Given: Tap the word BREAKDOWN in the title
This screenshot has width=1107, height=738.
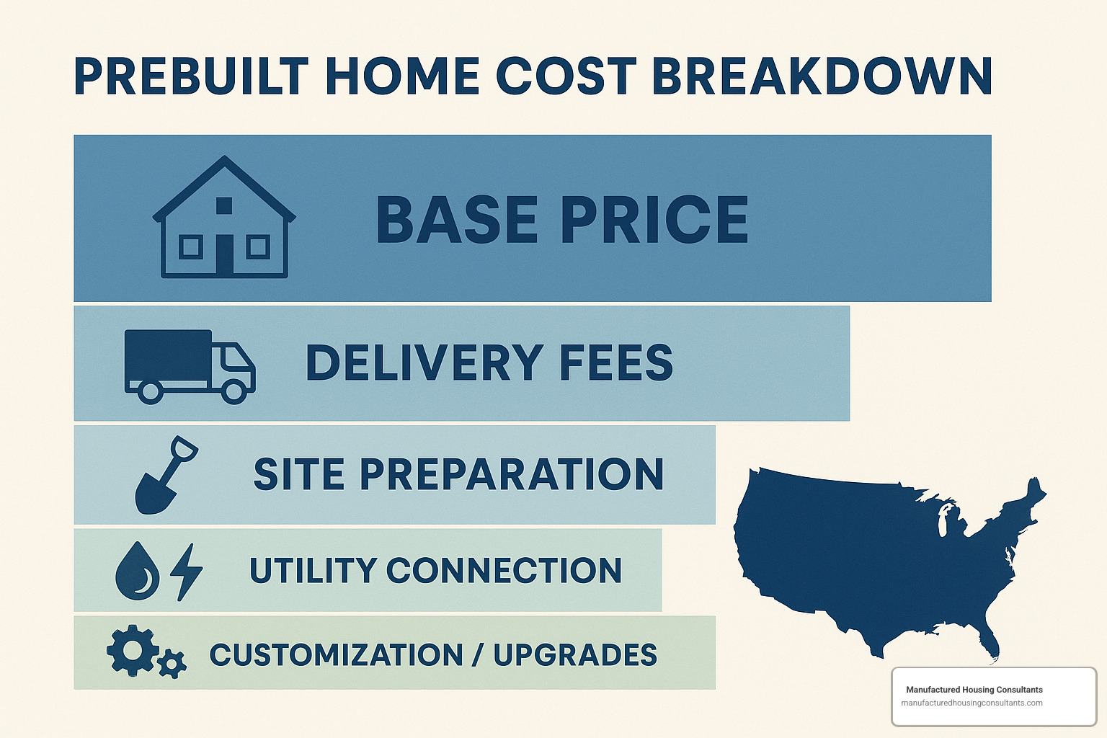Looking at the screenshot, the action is (822, 76).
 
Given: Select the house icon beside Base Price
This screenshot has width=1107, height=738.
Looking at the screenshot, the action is (224, 217).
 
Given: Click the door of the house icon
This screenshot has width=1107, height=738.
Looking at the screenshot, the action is (224, 254).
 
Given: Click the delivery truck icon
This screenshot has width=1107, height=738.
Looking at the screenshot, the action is (190, 367).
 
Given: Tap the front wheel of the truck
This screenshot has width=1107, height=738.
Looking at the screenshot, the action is (234, 392).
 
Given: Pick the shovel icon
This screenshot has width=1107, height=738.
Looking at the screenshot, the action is (166, 476).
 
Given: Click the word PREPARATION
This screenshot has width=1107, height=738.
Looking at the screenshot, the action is (512, 474).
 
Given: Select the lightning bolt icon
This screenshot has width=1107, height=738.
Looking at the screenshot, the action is (186, 572).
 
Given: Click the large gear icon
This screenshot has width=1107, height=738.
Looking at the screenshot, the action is (132, 650).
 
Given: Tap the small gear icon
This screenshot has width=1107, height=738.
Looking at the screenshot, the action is (172, 663).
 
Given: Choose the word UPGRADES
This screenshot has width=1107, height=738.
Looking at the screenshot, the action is (575, 655).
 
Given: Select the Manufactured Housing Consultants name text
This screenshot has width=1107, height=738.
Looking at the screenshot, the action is (974, 690).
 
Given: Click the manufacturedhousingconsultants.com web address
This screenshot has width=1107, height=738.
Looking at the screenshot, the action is (972, 703).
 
